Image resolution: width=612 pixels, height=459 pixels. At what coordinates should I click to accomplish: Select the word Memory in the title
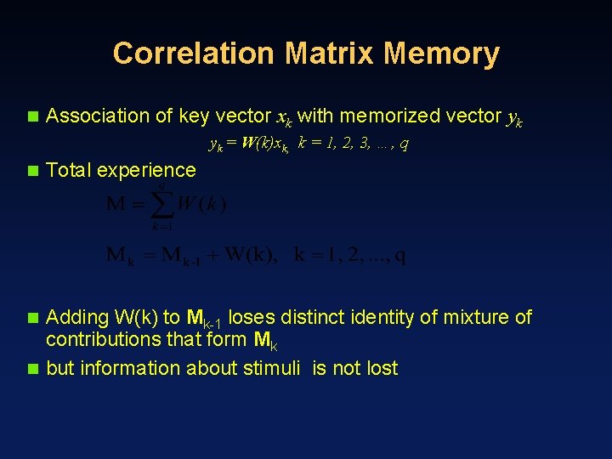tap(441, 54)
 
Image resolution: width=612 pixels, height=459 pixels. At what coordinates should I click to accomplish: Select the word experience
tap(146, 170)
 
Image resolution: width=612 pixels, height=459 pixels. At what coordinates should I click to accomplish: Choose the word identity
tap(385, 318)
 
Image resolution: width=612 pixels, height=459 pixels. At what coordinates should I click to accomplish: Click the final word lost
tap(382, 368)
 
